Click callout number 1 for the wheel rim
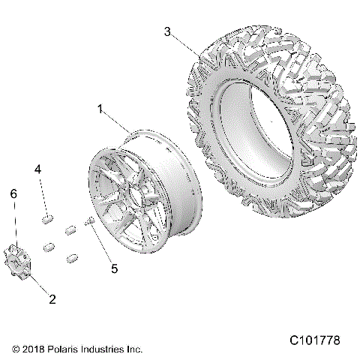[100, 109]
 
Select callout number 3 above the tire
[168, 31]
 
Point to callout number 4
[37, 171]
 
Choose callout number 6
[12, 193]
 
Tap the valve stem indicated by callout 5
[88, 220]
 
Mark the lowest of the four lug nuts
[73, 259]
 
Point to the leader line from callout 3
[187, 44]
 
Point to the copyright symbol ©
[16, 349]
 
